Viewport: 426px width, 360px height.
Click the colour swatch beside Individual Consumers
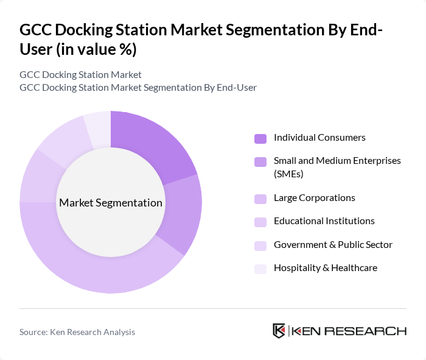(260, 138)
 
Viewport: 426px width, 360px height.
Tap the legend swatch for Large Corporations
(260, 199)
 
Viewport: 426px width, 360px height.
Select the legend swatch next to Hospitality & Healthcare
(260, 269)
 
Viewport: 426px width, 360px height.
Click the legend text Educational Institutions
(324, 221)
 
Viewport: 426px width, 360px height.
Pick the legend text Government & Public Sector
(333, 245)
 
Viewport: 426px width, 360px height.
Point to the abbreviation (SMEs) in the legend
(288, 174)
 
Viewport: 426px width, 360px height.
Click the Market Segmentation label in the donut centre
(111, 203)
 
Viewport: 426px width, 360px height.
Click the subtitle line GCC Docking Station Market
(80, 74)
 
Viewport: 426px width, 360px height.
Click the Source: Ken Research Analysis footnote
(77, 332)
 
